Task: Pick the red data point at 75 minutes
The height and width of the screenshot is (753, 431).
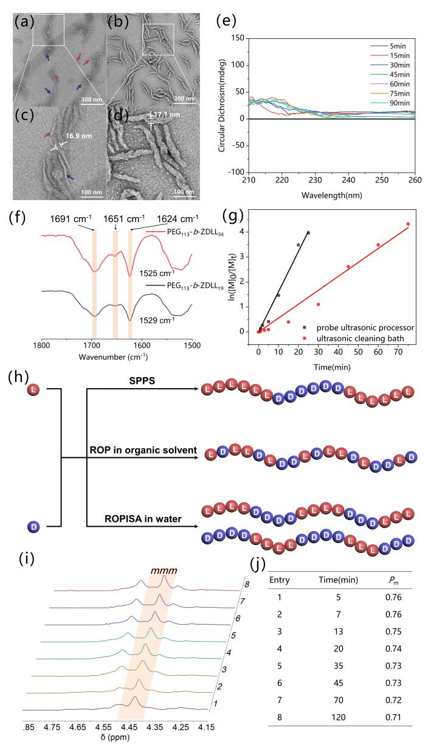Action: [x=408, y=224]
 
